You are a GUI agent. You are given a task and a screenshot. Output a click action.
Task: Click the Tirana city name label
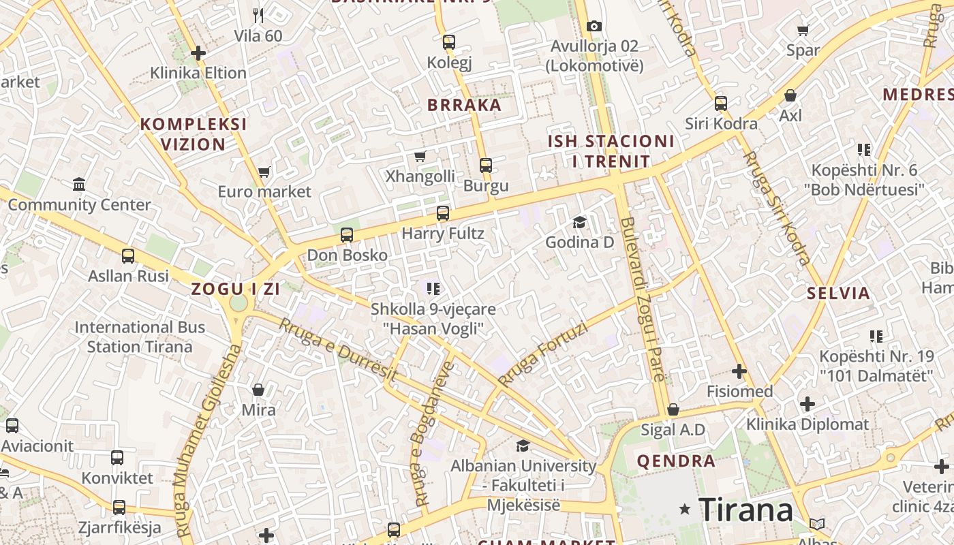pyautogui.click(x=745, y=509)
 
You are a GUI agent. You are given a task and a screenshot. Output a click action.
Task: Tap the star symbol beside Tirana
pyautogui.click(x=685, y=509)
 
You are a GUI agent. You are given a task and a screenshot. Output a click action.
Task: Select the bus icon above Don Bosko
pyautogui.click(x=347, y=235)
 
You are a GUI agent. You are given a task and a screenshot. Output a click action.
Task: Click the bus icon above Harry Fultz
pyautogui.click(x=443, y=213)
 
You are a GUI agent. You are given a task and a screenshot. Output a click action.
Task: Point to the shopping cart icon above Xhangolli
pyautogui.click(x=420, y=156)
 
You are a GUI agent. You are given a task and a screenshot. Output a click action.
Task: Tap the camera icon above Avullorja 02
pyautogui.click(x=594, y=26)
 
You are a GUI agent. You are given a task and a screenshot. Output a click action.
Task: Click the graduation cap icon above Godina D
pyautogui.click(x=579, y=222)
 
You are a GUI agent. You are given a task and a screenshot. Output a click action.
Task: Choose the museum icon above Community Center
pyautogui.click(x=79, y=184)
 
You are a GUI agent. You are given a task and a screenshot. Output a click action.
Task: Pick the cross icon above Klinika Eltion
pyautogui.click(x=198, y=52)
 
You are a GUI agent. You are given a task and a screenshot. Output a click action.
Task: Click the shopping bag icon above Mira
pyautogui.click(x=258, y=390)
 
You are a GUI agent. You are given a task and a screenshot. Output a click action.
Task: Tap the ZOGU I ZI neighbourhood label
pyautogui.click(x=236, y=289)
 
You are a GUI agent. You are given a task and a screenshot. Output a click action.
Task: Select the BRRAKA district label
pyautogui.click(x=464, y=105)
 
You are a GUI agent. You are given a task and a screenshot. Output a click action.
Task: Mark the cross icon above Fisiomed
pyautogui.click(x=739, y=371)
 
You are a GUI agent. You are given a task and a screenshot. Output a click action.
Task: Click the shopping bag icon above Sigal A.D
pyautogui.click(x=673, y=409)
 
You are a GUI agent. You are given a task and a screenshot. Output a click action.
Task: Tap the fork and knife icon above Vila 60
pyautogui.click(x=258, y=15)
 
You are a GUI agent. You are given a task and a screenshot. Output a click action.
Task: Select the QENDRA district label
pyautogui.click(x=676, y=461)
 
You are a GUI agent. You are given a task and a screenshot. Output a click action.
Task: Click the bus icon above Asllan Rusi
pyautogui.click(x=128, y=256)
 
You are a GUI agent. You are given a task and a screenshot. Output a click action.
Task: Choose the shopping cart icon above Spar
pyautogui.click(x=803, y=30)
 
